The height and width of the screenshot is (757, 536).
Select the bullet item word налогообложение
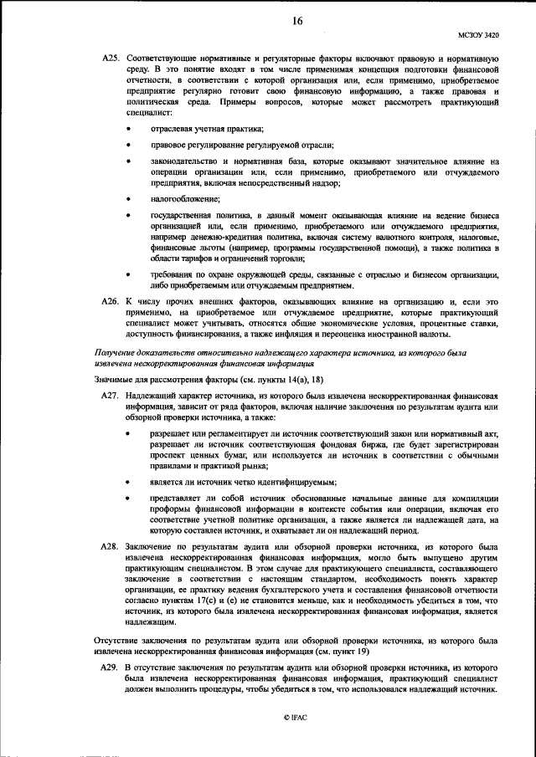[185, 198]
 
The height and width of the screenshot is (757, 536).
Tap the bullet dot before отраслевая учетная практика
[128, 128]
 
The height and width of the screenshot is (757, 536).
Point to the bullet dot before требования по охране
[128, 273]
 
